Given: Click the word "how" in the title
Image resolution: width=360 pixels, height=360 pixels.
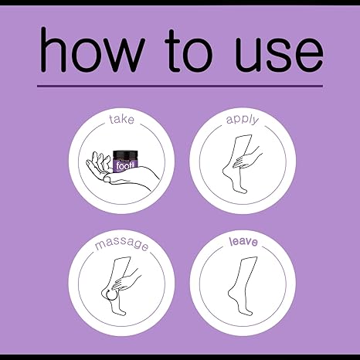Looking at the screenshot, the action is [92, 49].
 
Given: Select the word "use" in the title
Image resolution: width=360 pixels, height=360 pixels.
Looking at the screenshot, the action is [279, 55].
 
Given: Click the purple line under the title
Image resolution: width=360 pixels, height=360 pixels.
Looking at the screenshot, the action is [180, 86].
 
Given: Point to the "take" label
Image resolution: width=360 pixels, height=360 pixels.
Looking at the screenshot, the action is [121, 120].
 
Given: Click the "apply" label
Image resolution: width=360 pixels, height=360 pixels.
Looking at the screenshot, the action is [243, 120].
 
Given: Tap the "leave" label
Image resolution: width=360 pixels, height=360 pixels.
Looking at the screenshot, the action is [243, 242].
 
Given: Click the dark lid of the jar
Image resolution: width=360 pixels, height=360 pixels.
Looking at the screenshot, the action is [125, 154].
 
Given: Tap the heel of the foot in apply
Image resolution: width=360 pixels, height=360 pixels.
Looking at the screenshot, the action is [226, 172].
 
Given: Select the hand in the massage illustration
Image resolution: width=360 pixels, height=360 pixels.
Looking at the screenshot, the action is [126, 280].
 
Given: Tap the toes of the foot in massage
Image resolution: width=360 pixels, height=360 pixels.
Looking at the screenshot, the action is [121, 312].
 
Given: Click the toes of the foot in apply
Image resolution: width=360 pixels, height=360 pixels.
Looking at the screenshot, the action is [242, 191].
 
